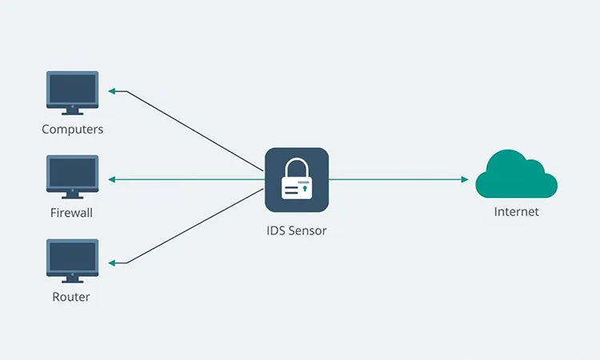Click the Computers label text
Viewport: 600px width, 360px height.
(x=73, y=129)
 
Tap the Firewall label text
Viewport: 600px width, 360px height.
(x=72, y=214)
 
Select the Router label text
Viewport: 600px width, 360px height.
(x=72, y=297)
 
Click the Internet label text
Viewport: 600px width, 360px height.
(x=516, y=212)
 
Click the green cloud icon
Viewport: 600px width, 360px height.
(x=516, y=175)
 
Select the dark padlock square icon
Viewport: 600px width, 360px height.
(x=297, y=180)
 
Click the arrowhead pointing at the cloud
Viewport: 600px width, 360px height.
(x=464, y=179)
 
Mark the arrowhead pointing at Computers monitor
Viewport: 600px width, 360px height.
(x=113, y=91)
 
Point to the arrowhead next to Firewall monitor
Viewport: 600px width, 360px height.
(x=113, y=179)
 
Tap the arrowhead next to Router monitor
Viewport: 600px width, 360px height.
(x=113, y=263)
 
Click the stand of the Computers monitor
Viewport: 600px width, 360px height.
(x=73, y=112)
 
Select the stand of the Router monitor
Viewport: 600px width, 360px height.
(x=73, y=280)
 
